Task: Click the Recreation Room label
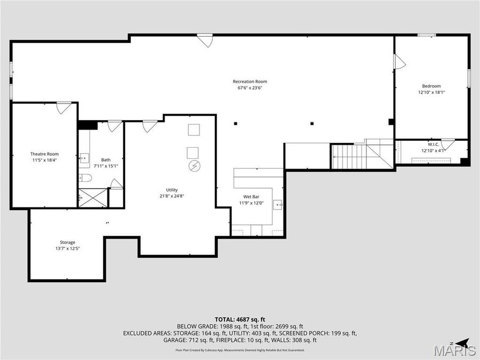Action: [x=250, y=82]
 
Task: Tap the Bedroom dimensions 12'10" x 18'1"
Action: [x=431, y=92]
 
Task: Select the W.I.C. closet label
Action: [x=433, y=144]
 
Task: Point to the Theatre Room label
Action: [x=44, y=154]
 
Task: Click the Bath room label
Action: [x=106, y=159]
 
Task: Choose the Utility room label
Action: [x=172, y=190]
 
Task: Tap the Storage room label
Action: [x=67, y=242]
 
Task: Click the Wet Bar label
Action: [x=251, y=197]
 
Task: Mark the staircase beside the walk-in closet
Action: [x=354, y=156]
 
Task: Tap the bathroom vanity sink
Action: [x=84, y=158]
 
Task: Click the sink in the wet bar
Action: [x=277, y=204]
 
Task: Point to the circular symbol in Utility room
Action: [x=194, y=166]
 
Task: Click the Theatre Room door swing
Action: [x=64, y=108]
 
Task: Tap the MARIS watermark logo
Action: [x=454, y=350]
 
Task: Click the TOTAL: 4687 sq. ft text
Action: [x=239, y=318]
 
